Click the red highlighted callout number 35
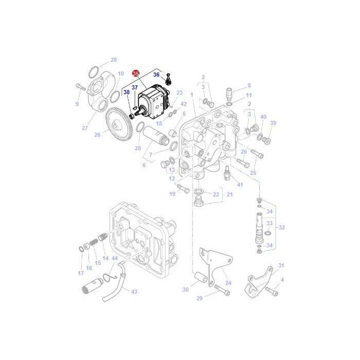coord(136,74)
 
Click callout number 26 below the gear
coord(97,135)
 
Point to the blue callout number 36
coord(156,75)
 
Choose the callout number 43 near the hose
coord(134,292)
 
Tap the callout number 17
coord(80,273)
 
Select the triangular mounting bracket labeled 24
coord(213,262)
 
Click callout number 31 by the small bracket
coord(281,265)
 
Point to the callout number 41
coord(240,184)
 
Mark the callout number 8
coord(249,85)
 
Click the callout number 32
coord(281,227)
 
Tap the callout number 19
coord(172,193)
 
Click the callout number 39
coord(287,123)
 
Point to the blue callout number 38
coord(126,92)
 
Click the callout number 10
coord(121,74)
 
